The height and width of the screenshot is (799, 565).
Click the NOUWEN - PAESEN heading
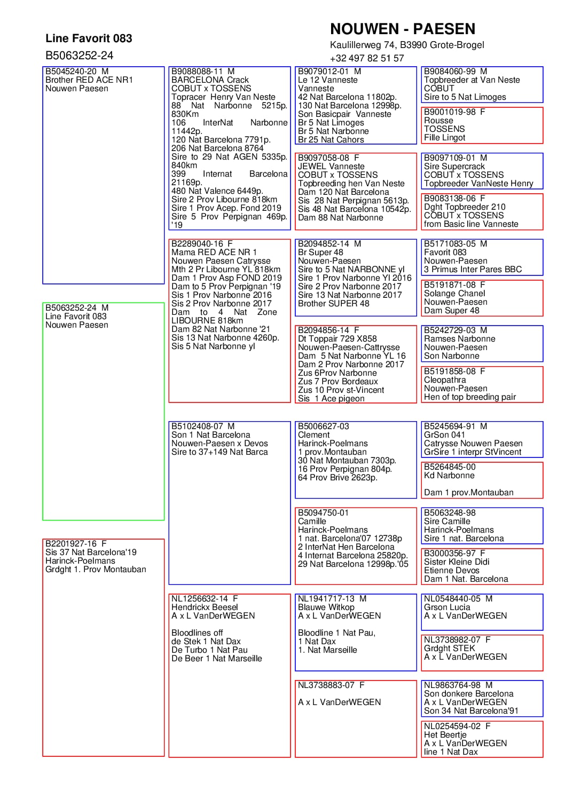pyautogui.click(x=402, y=29)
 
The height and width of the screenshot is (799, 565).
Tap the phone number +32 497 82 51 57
pyautogui.click(x=367, y=58)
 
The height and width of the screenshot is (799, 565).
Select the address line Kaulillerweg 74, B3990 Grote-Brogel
pyautogui.click(x=407, y=45)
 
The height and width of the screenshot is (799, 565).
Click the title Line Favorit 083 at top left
pyautogui.click(x=89, y=38)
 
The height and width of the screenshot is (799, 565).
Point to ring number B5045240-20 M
pyautogui.click(x=77, y=72)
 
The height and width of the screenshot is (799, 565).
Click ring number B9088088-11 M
pyautogui.click(x=203, y=72)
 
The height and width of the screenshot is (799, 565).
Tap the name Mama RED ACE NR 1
pyautogui.click(x=214, y=252)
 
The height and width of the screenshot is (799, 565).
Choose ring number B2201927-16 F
pyautogui.click(x=76, y=544)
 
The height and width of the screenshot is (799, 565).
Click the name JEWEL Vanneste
pyautogui.click(x=331, y=167)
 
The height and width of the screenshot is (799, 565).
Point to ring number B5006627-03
pyautogui.click(x=323, y=426)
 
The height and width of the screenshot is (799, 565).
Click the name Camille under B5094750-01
pyautogui.click(x=312, y=521)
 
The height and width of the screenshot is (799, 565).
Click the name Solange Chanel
pyautogui.click(x=454, y=294)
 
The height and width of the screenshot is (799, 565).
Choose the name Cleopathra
pyautogui.click(x=445, y=380)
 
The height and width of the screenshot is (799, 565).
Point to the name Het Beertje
pyautogui.click(x=445, y=735)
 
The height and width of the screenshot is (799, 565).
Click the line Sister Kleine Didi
pyautogui.click(x=457, y=562)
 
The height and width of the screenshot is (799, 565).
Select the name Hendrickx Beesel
pyautogui.click(x=205, y=607)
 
